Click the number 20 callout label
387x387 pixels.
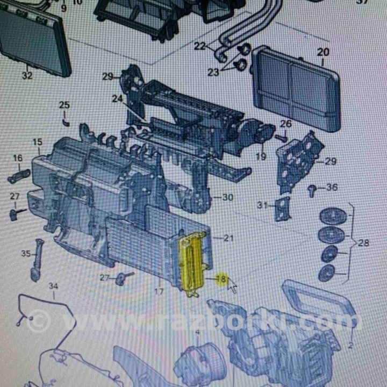pos(322,52)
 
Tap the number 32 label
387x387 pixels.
pos(27,76)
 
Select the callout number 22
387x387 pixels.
pos(200,47)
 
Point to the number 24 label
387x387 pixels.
pos(118,99)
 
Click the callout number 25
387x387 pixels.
pos(64,105)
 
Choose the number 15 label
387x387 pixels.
pos(37,142)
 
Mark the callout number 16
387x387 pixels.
pos(18,158)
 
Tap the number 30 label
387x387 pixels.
pos(227,197)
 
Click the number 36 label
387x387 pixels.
pos(332,188)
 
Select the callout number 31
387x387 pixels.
pos(262,205)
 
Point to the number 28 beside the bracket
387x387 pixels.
pos(363,243)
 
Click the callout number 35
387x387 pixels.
pos(26,254)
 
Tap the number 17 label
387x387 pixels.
pos(159,292)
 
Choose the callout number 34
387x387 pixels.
pos(53,286)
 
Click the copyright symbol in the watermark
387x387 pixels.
pos(39,322)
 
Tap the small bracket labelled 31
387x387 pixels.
pos(281,208)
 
